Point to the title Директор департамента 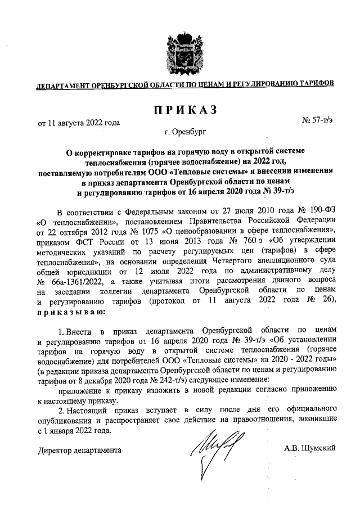(x=79, y=451)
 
